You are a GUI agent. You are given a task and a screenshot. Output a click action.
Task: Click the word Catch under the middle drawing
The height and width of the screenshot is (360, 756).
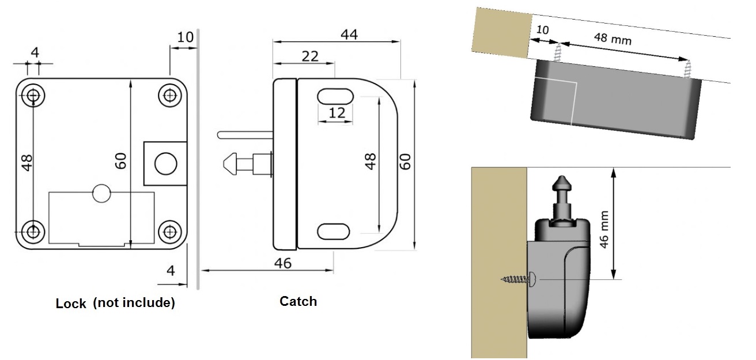[298, 301]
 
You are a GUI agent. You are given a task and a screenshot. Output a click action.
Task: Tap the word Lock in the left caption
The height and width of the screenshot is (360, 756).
[71, 304]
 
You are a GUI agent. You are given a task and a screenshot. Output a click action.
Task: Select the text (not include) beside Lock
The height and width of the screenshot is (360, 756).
[134, 303]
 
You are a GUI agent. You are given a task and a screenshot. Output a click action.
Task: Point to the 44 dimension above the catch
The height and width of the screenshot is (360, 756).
[349, 35]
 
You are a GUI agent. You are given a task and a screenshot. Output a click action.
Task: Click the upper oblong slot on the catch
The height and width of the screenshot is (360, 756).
[334, 96]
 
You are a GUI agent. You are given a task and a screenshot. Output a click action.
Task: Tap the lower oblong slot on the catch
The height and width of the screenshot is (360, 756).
[334, 231]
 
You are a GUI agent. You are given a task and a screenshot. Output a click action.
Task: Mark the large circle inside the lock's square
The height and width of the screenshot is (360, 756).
[166, 163]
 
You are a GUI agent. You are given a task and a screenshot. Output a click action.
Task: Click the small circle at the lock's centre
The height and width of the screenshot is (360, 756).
[101, 194]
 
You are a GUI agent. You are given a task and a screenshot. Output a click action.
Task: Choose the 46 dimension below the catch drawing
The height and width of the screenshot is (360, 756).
[283, 263]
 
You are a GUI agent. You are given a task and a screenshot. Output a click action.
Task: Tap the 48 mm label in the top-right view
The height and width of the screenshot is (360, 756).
[613, 39]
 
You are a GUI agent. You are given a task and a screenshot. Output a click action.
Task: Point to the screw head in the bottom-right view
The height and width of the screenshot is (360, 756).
[533, 279]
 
